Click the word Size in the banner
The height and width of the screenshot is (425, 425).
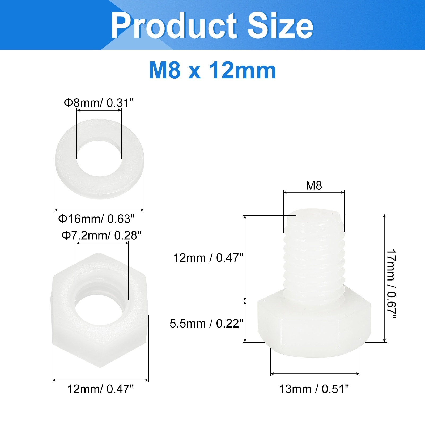[280, 26]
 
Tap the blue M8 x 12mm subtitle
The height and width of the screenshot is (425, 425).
[212, 71]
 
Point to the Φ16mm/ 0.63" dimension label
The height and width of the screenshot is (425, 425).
[96, 219]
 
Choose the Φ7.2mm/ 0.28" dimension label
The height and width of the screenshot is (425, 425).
[101, 235]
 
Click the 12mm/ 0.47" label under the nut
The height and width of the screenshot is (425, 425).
[100, 389]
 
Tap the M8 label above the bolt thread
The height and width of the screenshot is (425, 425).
[314, 186]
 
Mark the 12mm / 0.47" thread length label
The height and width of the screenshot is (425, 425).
[208, 258]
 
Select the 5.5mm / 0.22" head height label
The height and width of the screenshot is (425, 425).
[206, 324]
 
